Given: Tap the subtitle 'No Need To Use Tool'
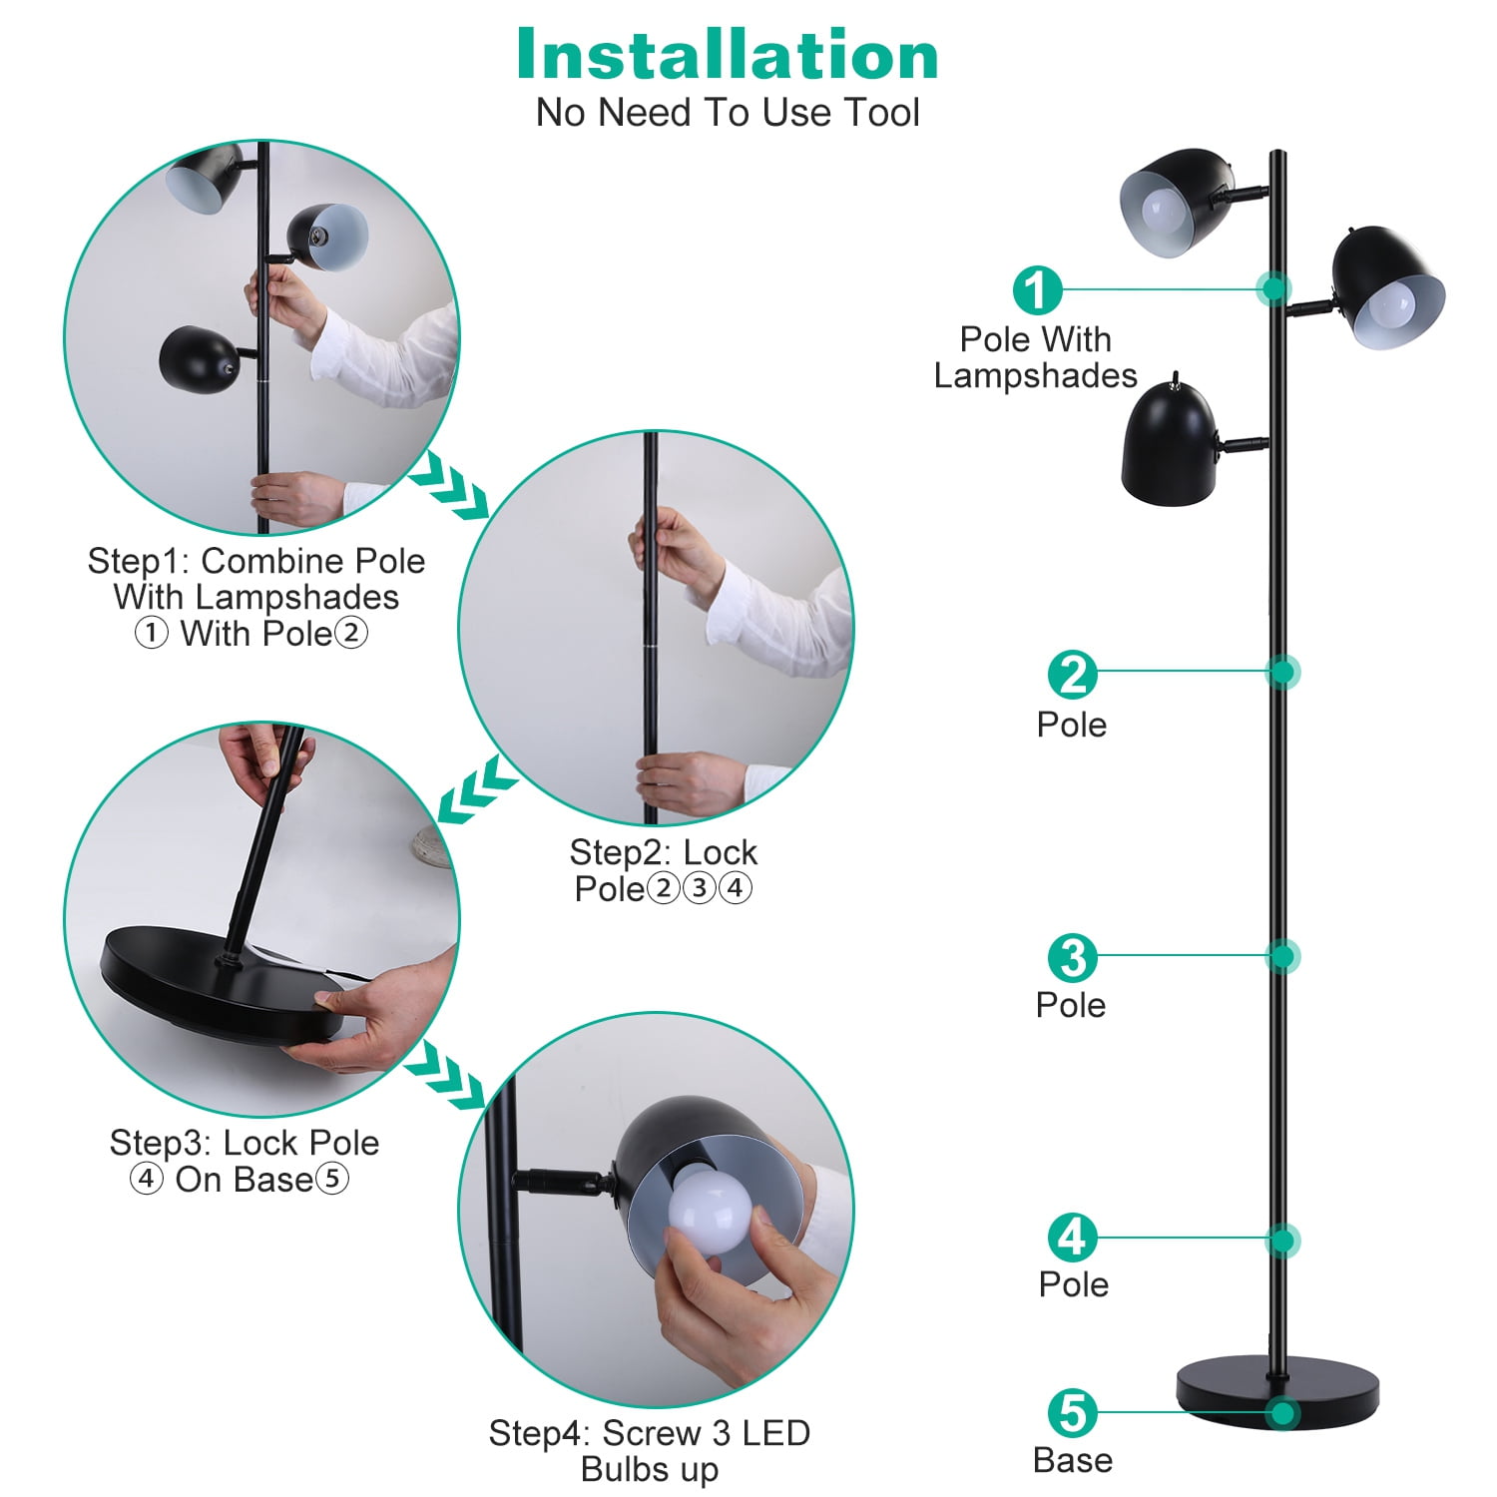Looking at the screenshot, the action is [x=728, y=113].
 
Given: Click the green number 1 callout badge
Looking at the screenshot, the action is [x=1038, y=290].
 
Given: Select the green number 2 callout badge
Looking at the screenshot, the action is [x=1073, y=676].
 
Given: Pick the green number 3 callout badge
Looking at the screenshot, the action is [x=1073, y=958].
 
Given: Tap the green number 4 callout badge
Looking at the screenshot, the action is [x=1073, y=1238].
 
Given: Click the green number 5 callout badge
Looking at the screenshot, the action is [x=1073, y=1413].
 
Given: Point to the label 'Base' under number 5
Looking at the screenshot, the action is [x=1073, y=1460].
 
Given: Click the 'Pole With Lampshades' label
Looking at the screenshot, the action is [x=1036, y=357].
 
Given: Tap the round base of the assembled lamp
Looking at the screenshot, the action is [x=1277, y=1390].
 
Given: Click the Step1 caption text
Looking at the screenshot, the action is [x=256, y=597].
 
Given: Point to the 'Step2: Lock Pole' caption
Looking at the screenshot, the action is [x=664, y=870].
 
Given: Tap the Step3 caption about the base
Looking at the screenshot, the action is [x=244, y=1161].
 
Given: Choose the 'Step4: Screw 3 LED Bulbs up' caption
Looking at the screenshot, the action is [x=650, y=1451].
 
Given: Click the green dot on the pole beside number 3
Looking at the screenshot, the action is [x=1282, y=957].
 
